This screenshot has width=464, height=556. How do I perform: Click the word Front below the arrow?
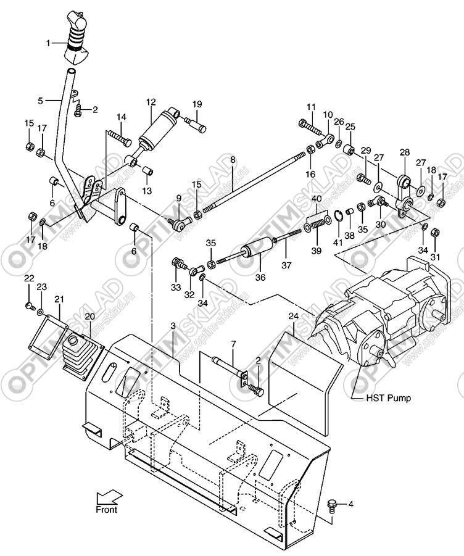[106, 510]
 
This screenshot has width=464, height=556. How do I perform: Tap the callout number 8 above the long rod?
[233, 160]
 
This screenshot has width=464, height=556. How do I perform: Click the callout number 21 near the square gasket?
[59, 299]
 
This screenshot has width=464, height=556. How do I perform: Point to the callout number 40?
[317, 198]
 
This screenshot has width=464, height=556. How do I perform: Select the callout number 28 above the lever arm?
[405, 152]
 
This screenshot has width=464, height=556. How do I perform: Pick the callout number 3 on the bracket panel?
[173, 325]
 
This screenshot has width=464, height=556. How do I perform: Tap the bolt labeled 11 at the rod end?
[312, 130]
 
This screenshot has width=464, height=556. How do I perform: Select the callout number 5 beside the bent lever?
[41, 100]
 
